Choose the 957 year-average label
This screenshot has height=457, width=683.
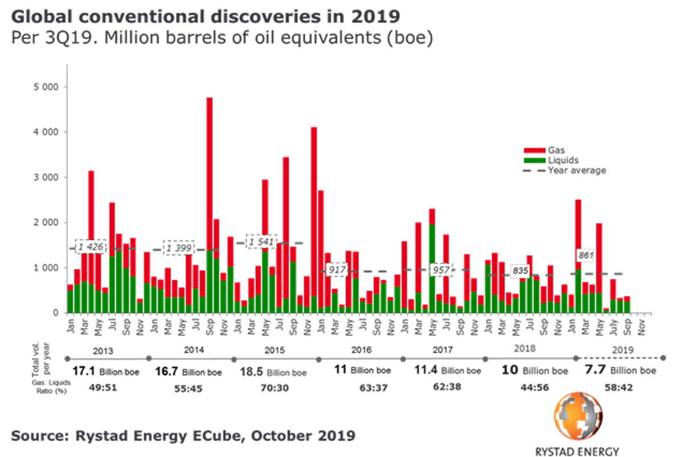pyautogui.click(x=441, y=270)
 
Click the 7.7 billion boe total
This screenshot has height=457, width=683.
pyautogui.click(x=620, y=370)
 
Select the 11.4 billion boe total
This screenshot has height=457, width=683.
pyautogui.click(x=447, y=371)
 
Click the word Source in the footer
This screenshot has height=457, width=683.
pyautogui.click(x=38, y=436)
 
